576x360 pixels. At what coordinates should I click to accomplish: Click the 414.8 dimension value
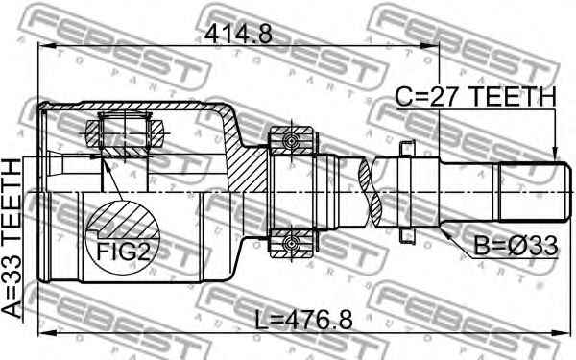coord(238,35)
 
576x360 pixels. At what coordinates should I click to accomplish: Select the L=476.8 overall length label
coord(304,320)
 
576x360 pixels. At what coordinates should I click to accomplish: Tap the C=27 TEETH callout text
coord(476,97)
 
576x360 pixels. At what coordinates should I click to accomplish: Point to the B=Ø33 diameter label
coord(516,246)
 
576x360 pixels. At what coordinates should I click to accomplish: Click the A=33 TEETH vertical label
coord(12,238)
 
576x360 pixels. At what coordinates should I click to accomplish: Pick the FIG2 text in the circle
coord(124,252)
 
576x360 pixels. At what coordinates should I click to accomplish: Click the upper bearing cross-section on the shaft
coord(291,140)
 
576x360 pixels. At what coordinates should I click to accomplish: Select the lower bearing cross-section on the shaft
coord(291,243)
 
